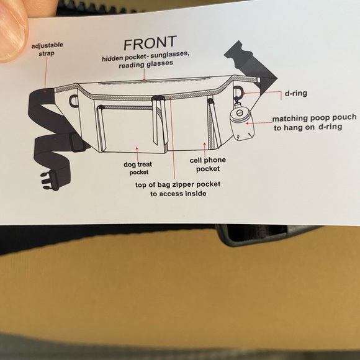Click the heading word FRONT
150,43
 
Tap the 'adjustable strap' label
47,49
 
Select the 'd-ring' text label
296,93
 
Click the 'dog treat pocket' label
138,168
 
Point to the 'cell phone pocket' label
208,164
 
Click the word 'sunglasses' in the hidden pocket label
170,55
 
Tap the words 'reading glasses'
146,65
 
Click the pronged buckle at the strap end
50,181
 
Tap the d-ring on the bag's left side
74,101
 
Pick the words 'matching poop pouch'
315,118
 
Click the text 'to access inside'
178,194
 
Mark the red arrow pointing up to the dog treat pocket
138,154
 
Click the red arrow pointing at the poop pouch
259,123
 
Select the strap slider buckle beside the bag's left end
77,142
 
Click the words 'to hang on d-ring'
308,127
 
